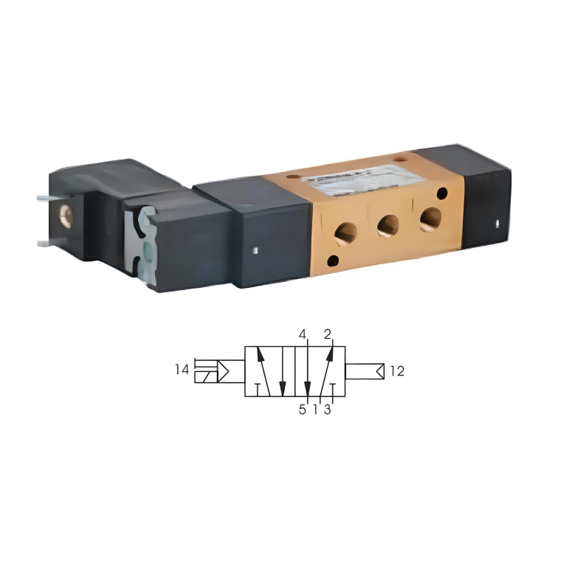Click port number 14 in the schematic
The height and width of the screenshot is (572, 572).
(182, 370)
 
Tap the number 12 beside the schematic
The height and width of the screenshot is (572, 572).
(397, 371)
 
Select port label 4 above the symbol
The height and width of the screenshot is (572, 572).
(302, 334)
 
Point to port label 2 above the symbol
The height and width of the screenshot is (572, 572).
(327, 334)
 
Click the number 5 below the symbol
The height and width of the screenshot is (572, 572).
(302, 410)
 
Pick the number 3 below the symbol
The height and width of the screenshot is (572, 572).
(328, 410)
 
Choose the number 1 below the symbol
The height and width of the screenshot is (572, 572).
(315, 410)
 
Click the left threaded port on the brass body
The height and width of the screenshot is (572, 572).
(345, 233)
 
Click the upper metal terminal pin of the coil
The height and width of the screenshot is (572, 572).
(41, 197)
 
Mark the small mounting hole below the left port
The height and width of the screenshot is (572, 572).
(334, 260)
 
